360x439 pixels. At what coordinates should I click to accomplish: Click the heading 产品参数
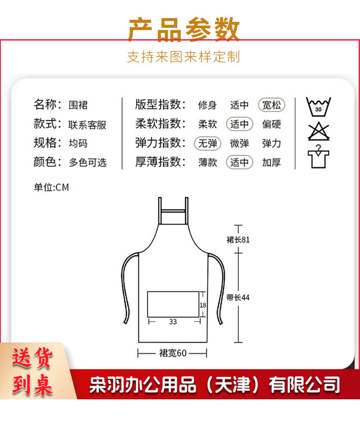tap(183, 30)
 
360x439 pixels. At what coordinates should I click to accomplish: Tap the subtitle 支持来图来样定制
tap(183, 57)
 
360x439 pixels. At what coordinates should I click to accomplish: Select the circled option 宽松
tap(272, 105)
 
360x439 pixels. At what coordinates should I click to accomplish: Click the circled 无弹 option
tap(207, 144)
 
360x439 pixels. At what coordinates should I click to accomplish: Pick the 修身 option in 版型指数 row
tap(207, 105)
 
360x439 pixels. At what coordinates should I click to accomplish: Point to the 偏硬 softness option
tap(272, 124)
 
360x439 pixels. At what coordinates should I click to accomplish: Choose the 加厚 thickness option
tap(272, 162)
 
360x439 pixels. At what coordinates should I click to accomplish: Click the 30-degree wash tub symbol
tap(319, 108)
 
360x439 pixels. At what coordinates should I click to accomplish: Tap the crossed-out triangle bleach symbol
tap(319, 131)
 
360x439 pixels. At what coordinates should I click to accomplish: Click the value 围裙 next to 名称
tap(78, 105)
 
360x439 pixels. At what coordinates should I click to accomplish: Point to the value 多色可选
tap(87, 162)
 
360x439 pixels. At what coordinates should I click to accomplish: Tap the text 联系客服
tap(87, 124)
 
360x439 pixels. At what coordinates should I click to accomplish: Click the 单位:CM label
tap(51, 187)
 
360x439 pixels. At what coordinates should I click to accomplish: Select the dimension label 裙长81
tap(238, 239)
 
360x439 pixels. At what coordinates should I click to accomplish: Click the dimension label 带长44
tap(238, 298)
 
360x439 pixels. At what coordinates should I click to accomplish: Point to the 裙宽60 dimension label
tap(173, 353)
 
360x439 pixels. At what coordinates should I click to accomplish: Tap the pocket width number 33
tap(173, 322)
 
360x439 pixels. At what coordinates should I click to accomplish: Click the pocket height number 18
tap(203, 305)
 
